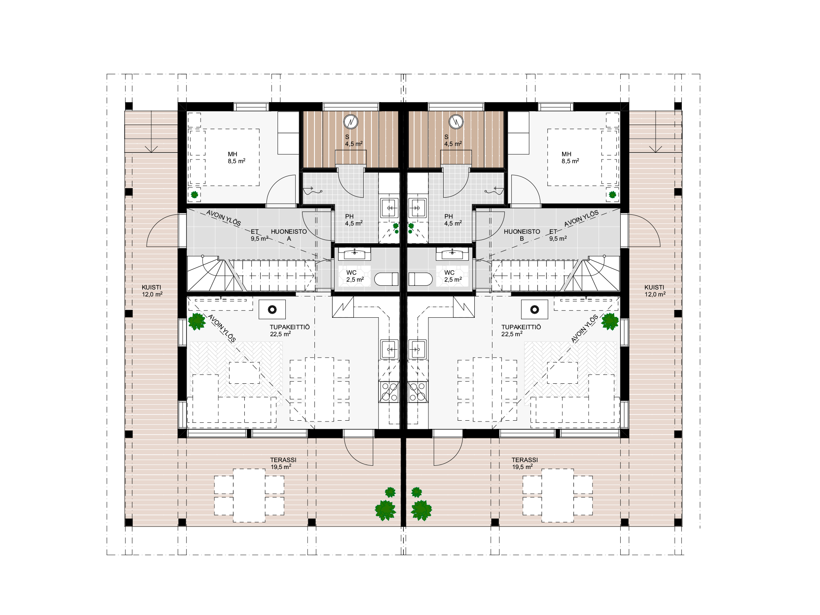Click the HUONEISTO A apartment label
coord(289,235)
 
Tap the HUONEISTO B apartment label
coord(522,235)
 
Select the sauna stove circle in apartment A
coord(351,121)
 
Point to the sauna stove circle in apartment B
coord(456,121)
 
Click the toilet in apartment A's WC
coord(386,279)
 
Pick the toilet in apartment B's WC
coord(420,279)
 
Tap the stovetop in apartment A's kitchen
coord(389,392)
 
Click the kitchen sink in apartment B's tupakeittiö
coord(418,349)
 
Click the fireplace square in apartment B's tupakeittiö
coord(535,310)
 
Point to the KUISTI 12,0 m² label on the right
coord(655,291)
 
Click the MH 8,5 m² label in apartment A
coord(237,157)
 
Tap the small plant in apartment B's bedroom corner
coord(613,194)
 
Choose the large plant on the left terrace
coord(385,510)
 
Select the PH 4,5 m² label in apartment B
coord(453,220)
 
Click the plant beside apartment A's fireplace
coord(197,321)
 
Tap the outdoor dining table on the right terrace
coord(558,495)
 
